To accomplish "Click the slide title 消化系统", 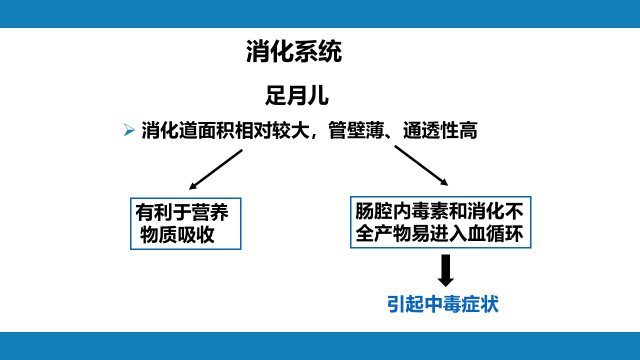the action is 294,51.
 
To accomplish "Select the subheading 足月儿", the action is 297,95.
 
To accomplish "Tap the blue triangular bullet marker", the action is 129,130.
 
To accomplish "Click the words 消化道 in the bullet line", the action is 169,130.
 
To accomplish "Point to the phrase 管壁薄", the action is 356,130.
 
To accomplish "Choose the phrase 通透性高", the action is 440,130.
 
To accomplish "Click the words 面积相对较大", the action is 253,130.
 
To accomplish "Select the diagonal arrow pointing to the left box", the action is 215,169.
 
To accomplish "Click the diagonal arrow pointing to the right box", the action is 421,165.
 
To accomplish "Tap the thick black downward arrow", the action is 445,270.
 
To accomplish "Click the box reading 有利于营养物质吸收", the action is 185,223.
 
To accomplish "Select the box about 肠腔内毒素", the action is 440,222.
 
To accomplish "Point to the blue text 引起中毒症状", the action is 443,304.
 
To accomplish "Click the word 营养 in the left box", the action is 210,212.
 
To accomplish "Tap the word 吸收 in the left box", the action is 195,235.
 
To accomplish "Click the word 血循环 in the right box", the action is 495,233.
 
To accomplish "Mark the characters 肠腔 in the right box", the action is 374,211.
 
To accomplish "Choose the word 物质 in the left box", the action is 158,235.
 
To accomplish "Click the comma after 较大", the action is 313,135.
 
